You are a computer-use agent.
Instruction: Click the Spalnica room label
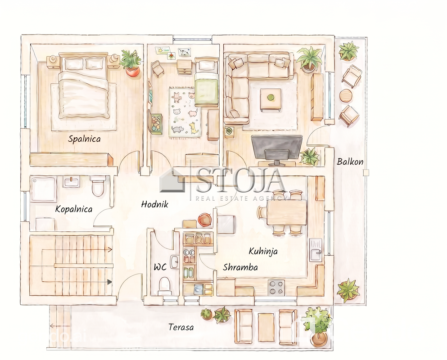point(84,139)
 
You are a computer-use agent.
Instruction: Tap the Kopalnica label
point(74,209)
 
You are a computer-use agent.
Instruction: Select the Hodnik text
point(155,204)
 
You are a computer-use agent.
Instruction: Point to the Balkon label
point(350,162)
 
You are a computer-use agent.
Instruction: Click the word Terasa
point(181,327)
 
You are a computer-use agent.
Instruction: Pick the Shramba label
point(240,267)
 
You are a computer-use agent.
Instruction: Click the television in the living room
point(276,150)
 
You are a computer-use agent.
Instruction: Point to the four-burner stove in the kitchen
point(276,288)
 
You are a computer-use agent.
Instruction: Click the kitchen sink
point(316,250)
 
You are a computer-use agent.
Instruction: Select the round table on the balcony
point(346,96)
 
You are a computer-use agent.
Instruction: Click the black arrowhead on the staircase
point(109,282)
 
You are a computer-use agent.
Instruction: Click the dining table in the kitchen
point(286,212)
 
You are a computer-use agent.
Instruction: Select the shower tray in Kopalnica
point(44,189)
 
